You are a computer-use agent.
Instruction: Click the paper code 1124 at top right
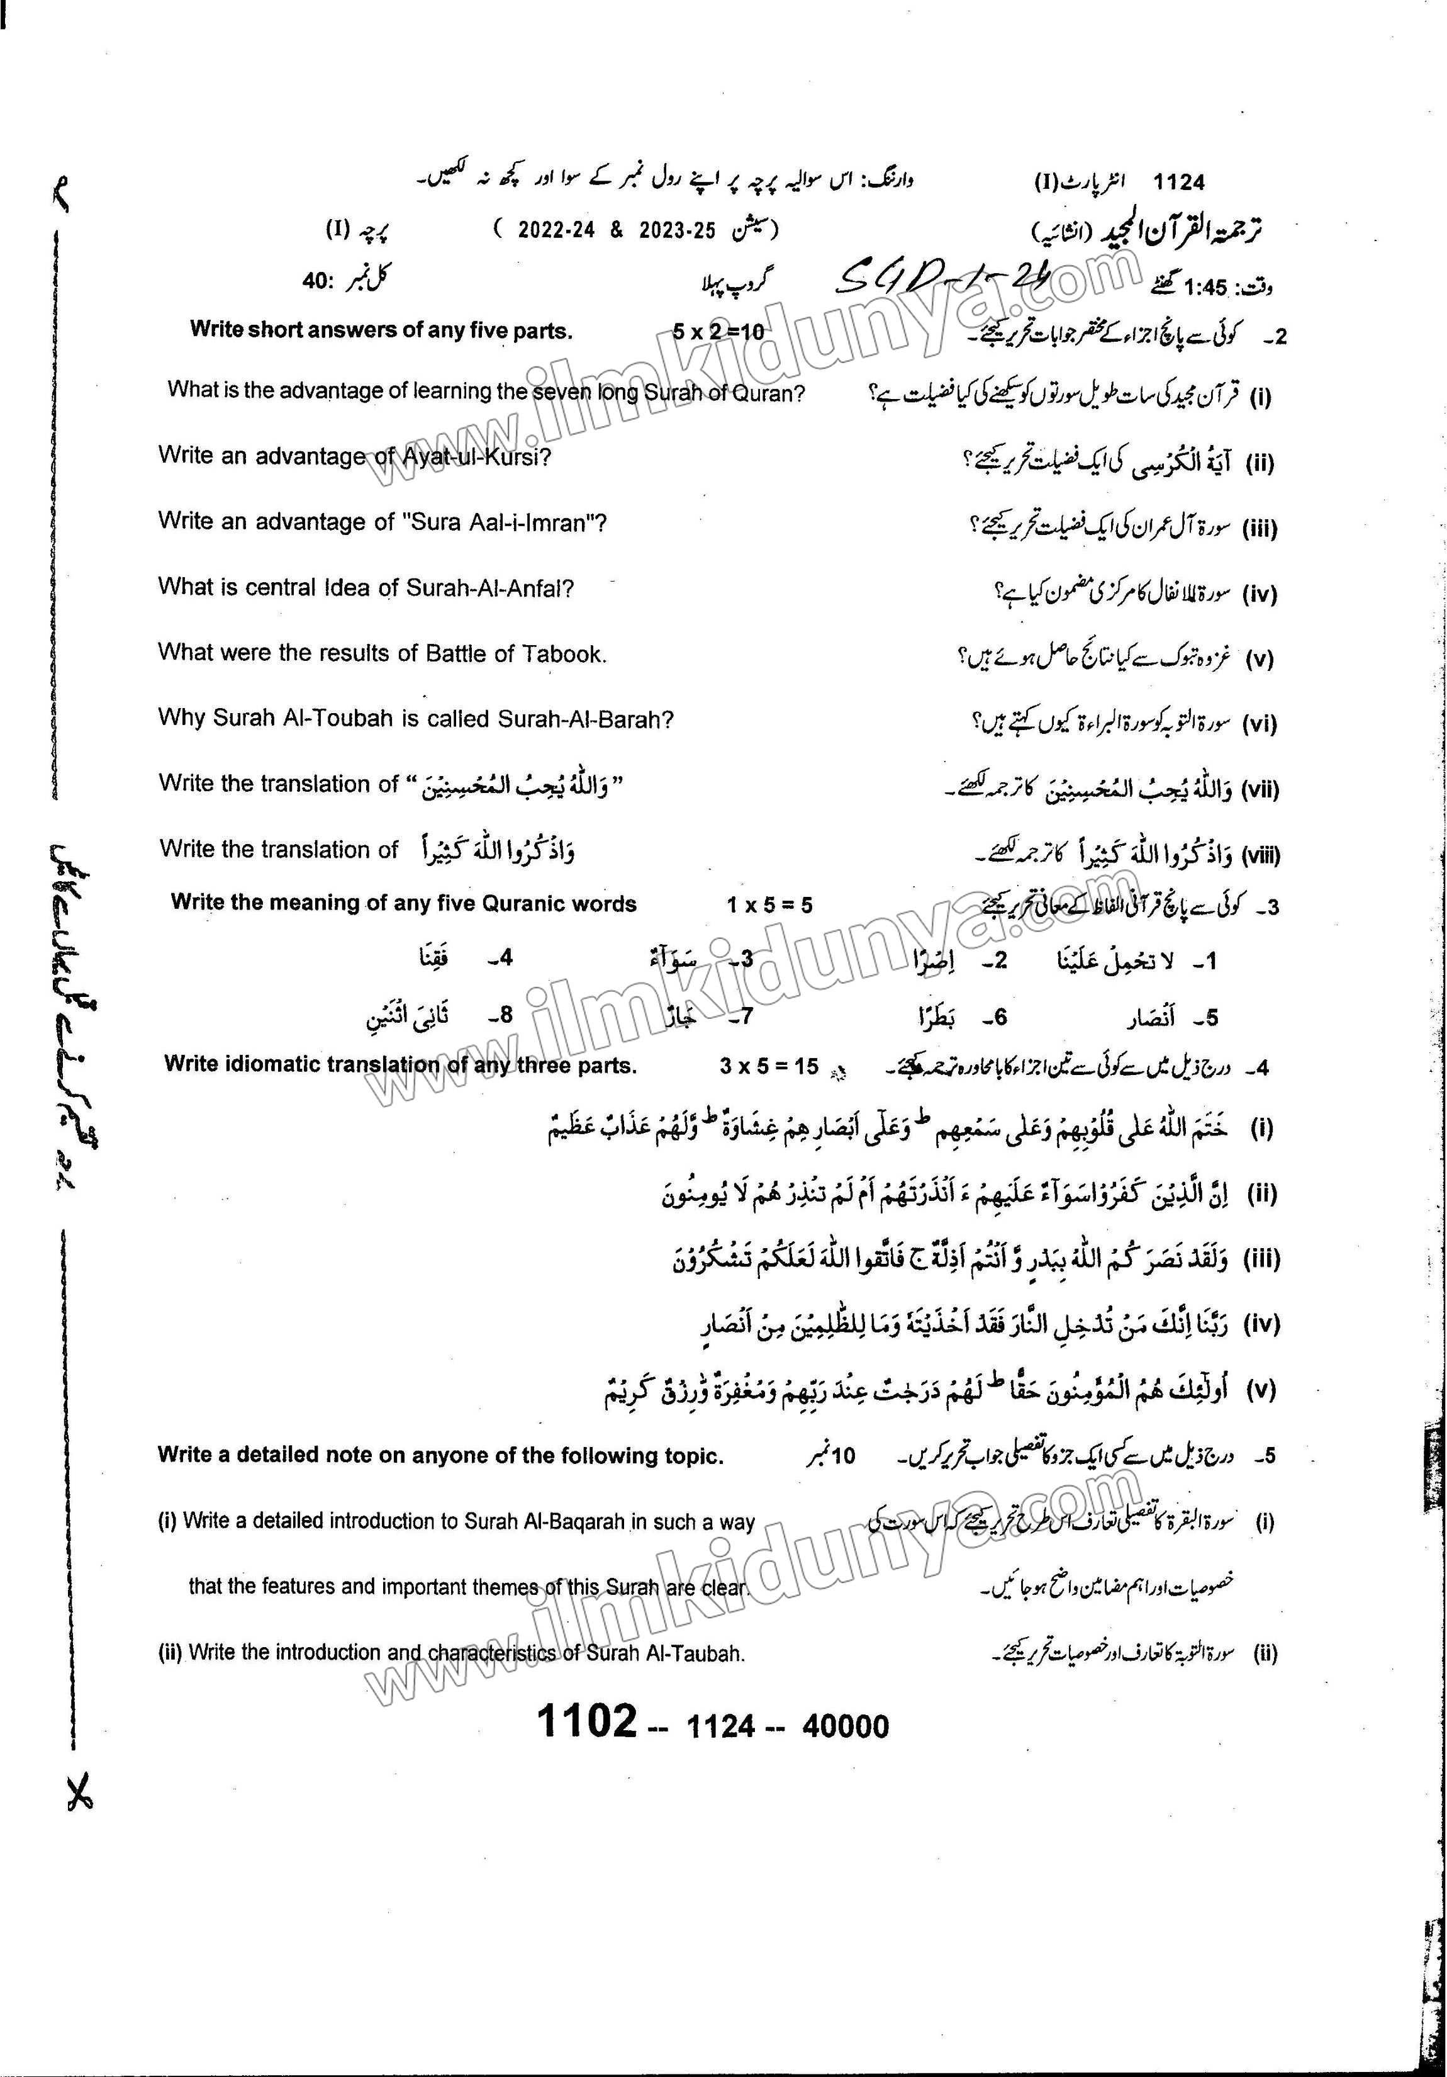coord(1179,183)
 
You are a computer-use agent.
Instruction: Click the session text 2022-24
coord(556,230)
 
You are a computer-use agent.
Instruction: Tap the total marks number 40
coord(318,282)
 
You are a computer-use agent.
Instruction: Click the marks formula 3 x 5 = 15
coord(769,1067)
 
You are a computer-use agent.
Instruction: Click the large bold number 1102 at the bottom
coord(588,1721)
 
